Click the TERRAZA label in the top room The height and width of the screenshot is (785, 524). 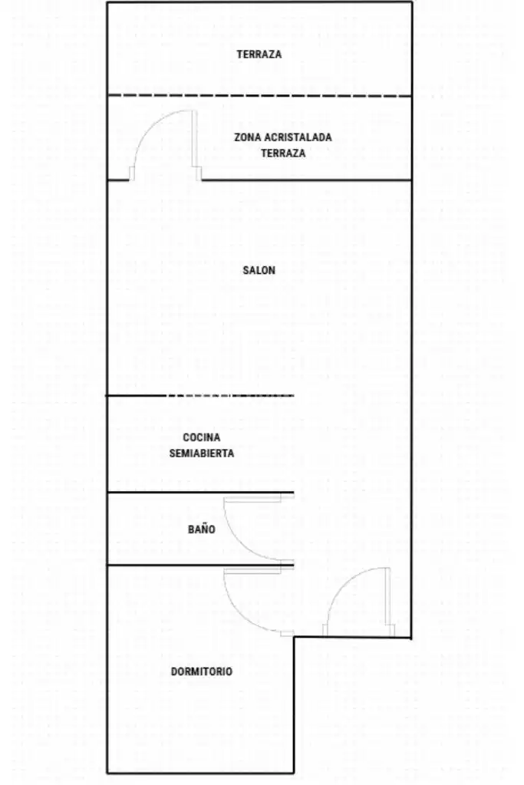[259, 54]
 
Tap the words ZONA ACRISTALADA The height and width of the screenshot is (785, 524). [283, 137]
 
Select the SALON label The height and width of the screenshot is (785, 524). [259, 270]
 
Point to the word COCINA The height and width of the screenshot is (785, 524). [201, 437]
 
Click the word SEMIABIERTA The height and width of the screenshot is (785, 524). [201, 454]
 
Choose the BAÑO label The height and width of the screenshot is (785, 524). [201, 529]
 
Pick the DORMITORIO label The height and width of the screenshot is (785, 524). [201, 672]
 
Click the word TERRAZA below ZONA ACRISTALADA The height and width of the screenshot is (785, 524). [283, 153]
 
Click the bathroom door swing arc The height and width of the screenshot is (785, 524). [241, 543]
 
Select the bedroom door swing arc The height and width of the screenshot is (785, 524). [241, 615]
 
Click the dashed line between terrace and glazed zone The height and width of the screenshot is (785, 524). [259, 96]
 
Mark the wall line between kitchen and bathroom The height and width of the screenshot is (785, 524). [200, 493]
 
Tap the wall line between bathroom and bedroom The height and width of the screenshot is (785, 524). [200, 566]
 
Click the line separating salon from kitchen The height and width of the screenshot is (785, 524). [200, 395]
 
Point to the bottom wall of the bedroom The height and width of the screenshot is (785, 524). [200, 773]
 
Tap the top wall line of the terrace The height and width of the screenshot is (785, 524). [260, 2]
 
